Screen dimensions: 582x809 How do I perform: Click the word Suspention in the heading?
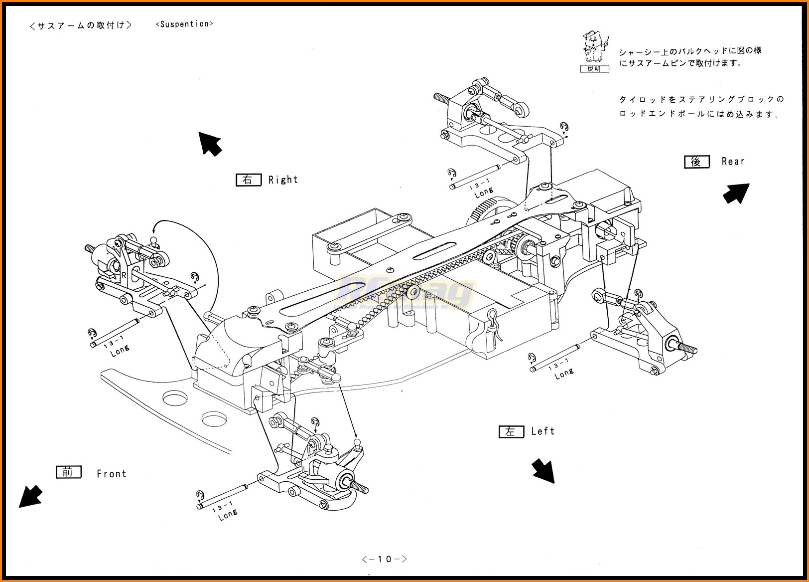pos(184,24)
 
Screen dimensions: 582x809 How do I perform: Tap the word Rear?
pos(733,162)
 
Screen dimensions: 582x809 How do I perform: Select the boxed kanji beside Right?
pos(248,180)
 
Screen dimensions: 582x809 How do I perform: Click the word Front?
pos(112,474)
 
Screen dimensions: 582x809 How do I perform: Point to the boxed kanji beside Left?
pos(511,431)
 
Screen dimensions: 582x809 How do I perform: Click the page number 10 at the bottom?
pos(385,559)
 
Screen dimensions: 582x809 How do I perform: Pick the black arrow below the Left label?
pos(542,471)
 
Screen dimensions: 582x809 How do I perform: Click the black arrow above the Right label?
pos(210,144)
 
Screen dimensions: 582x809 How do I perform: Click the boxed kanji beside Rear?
pos(696,162)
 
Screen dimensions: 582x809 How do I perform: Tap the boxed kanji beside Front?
pos(68,472)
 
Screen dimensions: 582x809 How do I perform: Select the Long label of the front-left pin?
pos(228,515)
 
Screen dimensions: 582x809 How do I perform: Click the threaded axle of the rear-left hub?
pos(688,347)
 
